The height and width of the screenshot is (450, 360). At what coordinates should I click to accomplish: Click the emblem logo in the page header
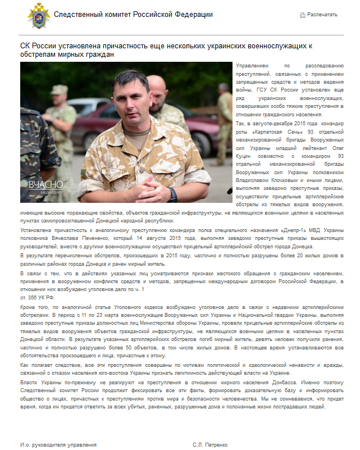coord(39,15)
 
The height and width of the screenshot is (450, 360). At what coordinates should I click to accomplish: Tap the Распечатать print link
coord(322,15)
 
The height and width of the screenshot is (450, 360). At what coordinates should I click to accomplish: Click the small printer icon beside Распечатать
coord(303,15)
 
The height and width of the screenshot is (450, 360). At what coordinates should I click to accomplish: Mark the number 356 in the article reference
coord(31,296)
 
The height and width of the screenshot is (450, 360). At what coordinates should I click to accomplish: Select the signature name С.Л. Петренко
coord(210,444)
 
